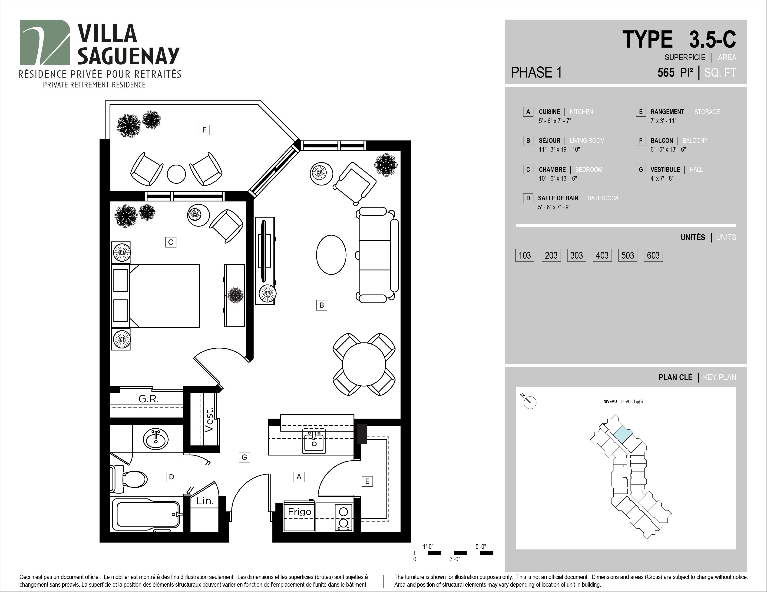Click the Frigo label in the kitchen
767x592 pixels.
click(300, 512)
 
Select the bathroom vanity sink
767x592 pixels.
click(155, 439)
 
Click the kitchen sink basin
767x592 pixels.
click(314, 442)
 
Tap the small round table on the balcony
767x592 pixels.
click(176, 174)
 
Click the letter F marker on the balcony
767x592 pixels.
click(204, 130)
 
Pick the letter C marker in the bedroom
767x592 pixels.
click(171, 242)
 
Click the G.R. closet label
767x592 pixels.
click(149, 399)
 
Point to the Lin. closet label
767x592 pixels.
click(205, 501)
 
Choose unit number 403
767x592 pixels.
click(602, 255)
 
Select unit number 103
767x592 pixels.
click(525, 255)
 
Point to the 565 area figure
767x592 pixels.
click(666, 73)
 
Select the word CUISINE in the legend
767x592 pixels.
click(549, 112)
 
